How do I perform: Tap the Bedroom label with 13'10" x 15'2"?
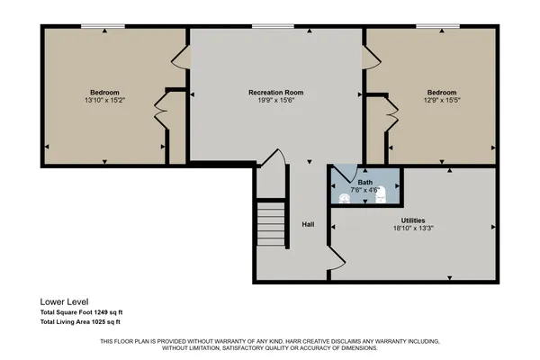click(x=106, y=93)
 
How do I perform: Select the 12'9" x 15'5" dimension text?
click(x=441, y=101)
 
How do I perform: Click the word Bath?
click(x=364, y=168)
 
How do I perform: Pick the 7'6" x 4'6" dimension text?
click(x=364, y=176)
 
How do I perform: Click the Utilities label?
click(x=413, y=220)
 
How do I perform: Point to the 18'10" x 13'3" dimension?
click(x=413, y=228)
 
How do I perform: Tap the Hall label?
click(x=308, y=224)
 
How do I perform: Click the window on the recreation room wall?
click(x=264, y=26)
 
